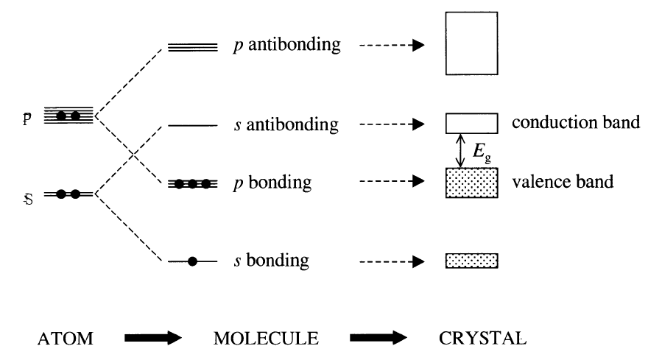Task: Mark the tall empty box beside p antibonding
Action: pos(472,46)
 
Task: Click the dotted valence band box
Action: pos(472,182)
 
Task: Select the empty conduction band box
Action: pos(472,123)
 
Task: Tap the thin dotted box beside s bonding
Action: pos(472,261)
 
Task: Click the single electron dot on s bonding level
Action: pos(193,261)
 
